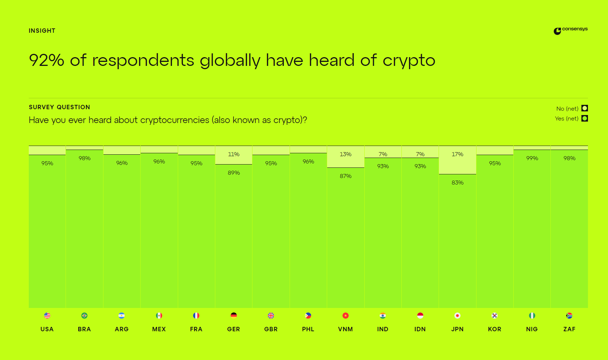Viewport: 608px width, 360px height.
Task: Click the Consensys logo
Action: tap(570, 30)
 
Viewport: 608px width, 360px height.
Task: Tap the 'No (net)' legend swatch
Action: tap(585, 108)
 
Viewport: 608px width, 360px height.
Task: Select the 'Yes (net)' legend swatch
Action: tap(585, 118)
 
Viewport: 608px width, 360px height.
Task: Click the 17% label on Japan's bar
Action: tap(457, 154)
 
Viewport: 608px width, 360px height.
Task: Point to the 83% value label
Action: tap(457, 183)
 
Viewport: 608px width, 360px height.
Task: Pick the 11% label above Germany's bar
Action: tap(234, 154)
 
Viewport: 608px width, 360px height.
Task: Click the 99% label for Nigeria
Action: tap(532, 158)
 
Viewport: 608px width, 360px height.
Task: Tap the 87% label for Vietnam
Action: tap(345, 176)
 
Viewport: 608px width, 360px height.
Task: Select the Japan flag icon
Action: tap(457, 316)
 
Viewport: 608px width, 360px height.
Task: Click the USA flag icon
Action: tap(47, 316)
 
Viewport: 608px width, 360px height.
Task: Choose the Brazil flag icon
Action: tap(84, 316)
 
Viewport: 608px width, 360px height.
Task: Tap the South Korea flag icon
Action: tap(494, 316)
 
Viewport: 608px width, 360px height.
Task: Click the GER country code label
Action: tap(234, 329)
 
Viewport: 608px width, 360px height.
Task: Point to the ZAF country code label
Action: tap(569, 329)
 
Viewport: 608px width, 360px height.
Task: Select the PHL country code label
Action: tap(308, 329)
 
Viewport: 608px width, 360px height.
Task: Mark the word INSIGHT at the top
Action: tap(42, 31)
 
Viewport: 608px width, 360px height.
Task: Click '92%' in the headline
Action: tap(46, 60)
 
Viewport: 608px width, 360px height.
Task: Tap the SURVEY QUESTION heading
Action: tap(59, 107)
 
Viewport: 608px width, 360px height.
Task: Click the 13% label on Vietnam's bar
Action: tap(345, 154)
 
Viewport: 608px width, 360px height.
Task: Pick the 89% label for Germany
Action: tap(234, 173)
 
